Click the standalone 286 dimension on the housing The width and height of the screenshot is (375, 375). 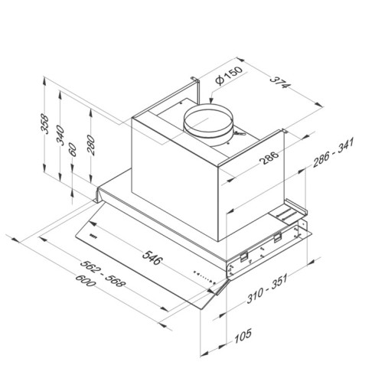point(246,159)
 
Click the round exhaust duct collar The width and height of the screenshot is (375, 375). point(208,126)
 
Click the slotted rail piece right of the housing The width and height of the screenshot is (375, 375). point(289,212)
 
